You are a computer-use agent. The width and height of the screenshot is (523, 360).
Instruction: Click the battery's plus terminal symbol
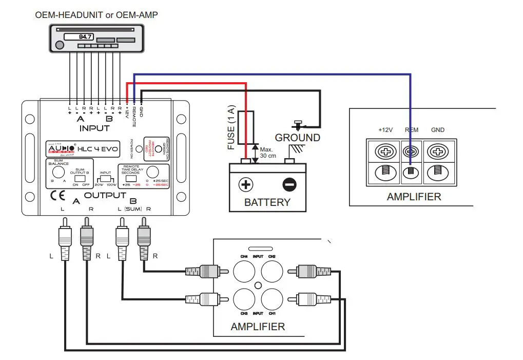[246, 184]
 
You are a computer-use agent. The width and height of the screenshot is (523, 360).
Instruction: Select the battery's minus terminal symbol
[289, 184]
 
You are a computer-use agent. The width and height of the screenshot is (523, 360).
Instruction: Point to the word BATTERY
[267, 202]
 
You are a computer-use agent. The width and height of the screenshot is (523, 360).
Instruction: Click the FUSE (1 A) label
[231, 129]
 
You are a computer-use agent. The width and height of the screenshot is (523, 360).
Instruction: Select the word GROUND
[297, 138]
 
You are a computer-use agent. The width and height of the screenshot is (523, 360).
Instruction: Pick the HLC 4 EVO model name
[98, 149]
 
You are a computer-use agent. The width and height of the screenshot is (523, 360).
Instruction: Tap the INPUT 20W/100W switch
[106, 179]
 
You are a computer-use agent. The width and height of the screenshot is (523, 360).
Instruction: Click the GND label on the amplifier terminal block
[438, 130]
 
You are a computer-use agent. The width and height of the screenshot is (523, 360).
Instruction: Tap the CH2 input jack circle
[272, 271]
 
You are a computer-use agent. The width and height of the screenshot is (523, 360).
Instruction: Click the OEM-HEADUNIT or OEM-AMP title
[96, 15]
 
